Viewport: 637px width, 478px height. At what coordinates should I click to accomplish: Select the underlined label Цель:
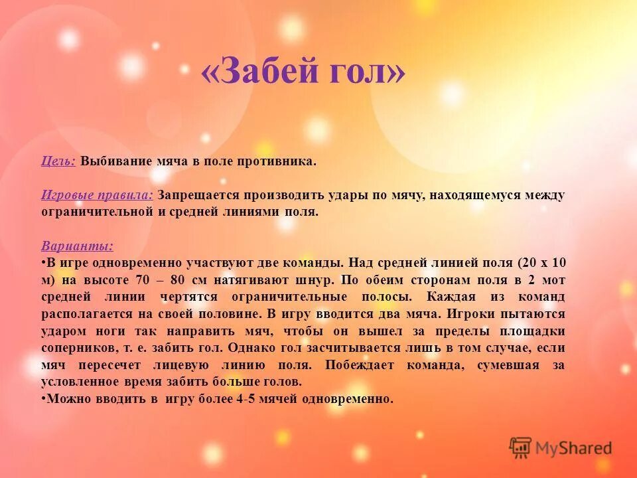click(58, 161)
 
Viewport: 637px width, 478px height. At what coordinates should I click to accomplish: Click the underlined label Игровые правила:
click(98, 196)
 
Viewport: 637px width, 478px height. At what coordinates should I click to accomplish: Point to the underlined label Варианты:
click(77, 246)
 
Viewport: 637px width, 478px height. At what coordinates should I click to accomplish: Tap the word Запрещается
click(199, 196)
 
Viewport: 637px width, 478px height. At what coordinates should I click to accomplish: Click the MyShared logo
click(561, 448)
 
